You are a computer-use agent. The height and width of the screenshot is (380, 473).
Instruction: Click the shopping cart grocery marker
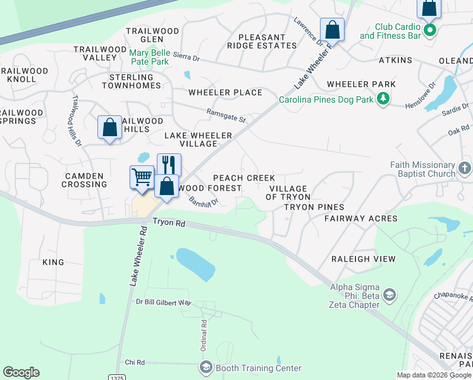click(x=142, y=177)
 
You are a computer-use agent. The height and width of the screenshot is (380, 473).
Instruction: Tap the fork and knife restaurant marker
click(x=169, y=165)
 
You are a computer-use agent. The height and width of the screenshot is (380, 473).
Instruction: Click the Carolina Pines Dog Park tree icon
click(x=383, y=99)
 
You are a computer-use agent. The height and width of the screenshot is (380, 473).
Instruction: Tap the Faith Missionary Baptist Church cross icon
click(x=464, y=168)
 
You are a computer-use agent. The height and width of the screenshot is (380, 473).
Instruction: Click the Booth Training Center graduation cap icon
click(x=206, y=367)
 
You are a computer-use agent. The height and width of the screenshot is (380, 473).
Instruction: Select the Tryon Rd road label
click(x=169, y=223)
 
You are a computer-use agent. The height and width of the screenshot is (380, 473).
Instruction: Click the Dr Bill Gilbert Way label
click(x=163, y=303)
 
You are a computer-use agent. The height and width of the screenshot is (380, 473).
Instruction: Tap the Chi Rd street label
click(x=135, y=362)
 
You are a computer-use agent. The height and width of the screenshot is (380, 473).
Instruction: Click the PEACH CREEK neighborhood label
click(x=243, y=178)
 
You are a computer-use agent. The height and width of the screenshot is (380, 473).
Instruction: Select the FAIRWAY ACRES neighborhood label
click(x=360, y=218)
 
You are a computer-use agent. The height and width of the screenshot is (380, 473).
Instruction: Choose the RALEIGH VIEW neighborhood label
click(x=364, y=259)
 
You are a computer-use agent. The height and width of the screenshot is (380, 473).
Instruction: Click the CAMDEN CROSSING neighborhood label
click(x=84, y=180)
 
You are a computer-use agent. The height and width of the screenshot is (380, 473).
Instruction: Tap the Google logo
click(x=21, y=372)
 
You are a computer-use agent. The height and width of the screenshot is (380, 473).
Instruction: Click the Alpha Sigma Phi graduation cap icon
click(x=390, y=295)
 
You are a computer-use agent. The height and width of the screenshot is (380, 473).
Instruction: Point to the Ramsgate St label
click(x=226, y=115)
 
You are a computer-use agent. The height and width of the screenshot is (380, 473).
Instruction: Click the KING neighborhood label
click(x=53, y=262)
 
